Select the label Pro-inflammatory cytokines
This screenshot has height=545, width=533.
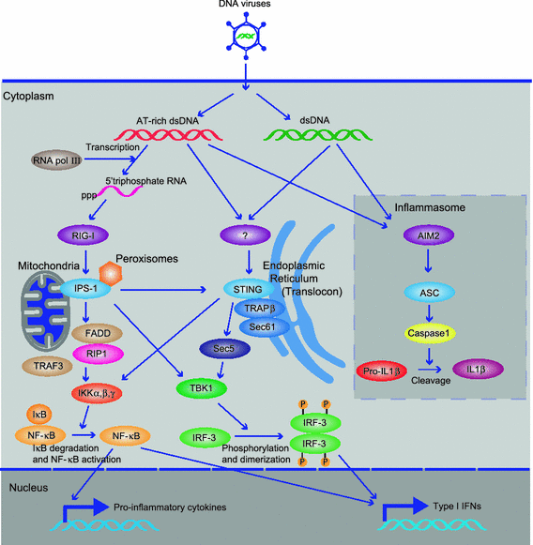165,507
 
